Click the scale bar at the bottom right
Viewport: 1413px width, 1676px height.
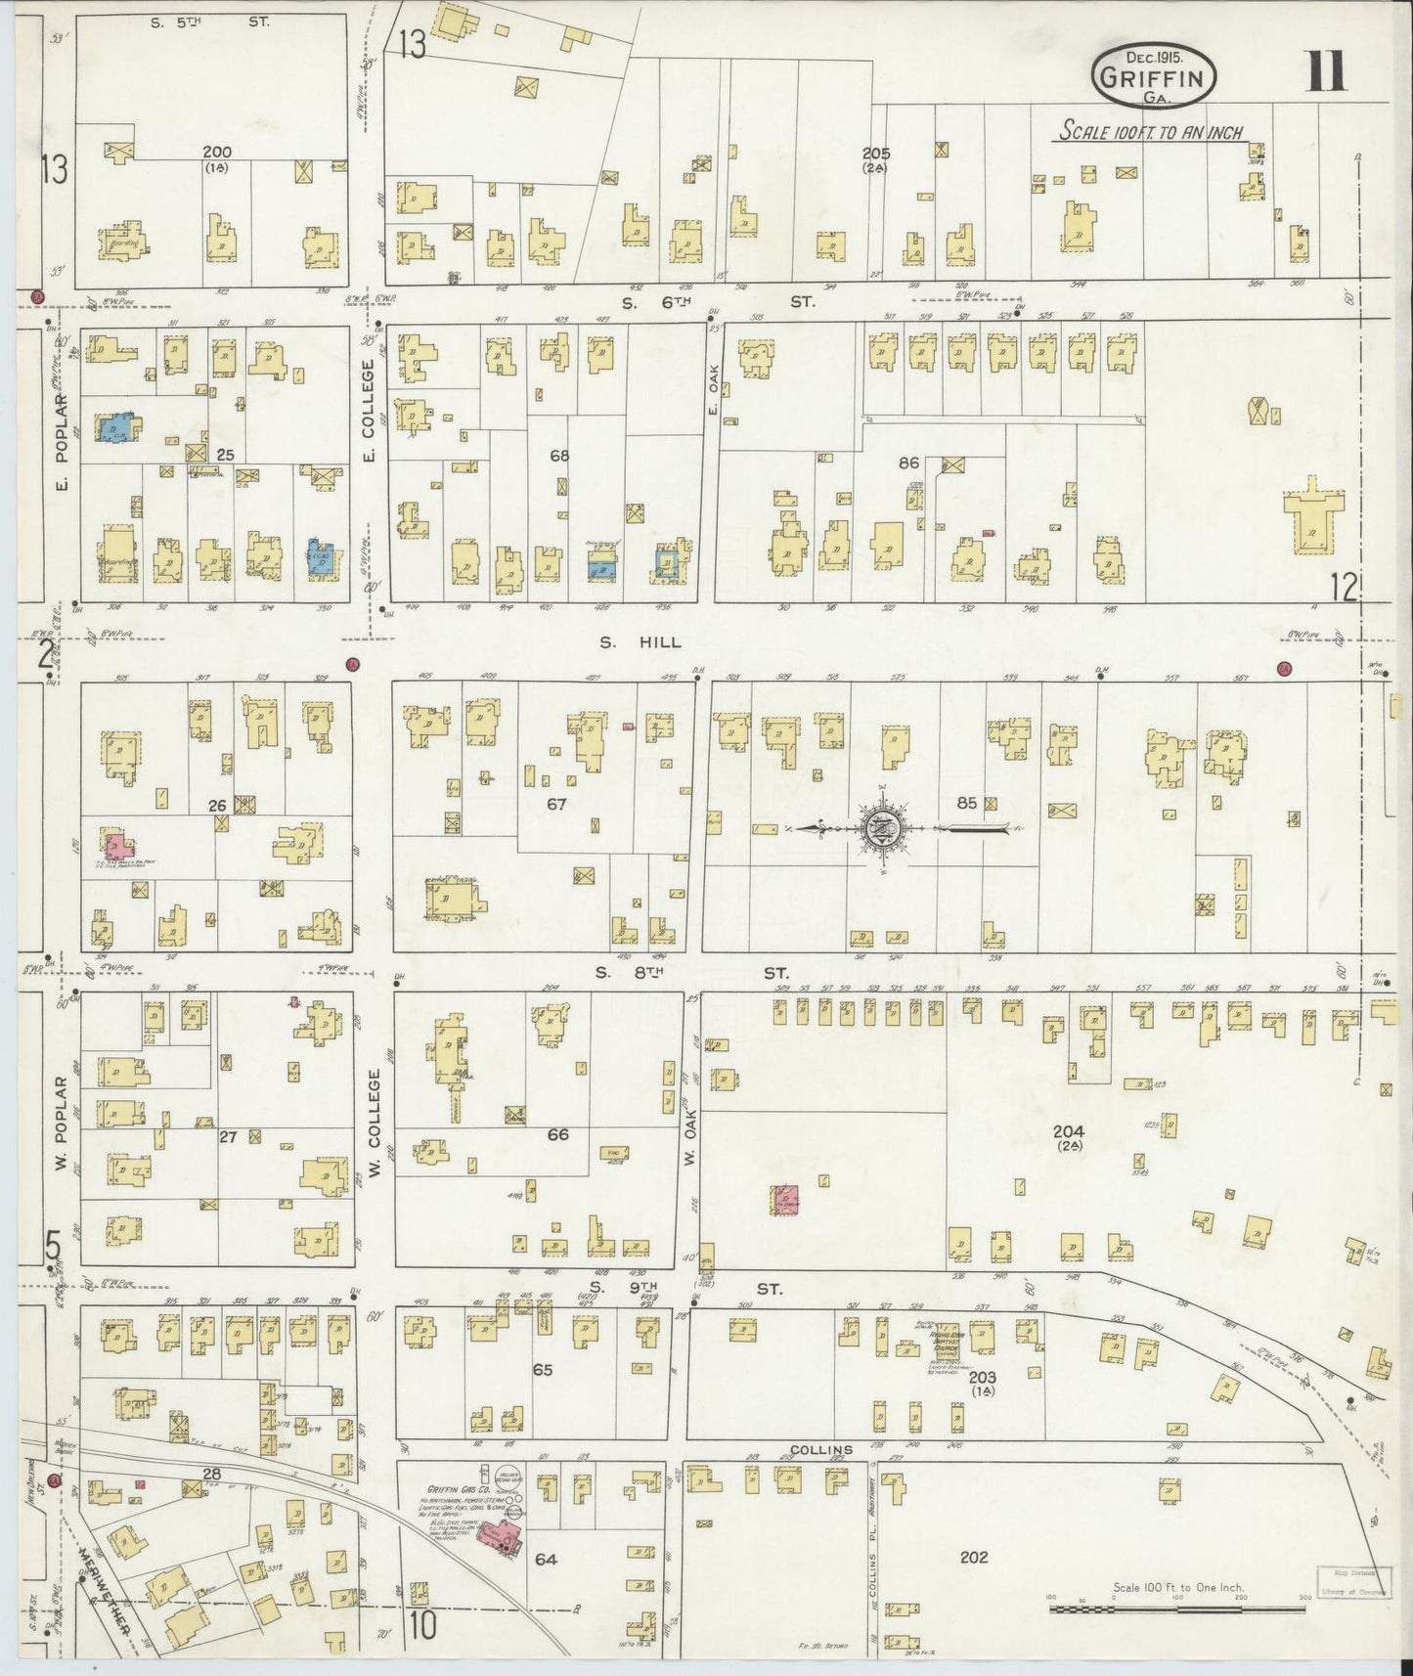[x=1178, y=1607]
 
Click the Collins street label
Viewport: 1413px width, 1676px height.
[x=821, y=1449]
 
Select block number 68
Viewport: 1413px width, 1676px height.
[x=558, y=456]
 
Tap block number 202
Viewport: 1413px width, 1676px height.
[x=973, y=1557]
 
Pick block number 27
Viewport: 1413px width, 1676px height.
[x=228, y=1136]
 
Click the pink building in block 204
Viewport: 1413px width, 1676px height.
[x=784, y=1200]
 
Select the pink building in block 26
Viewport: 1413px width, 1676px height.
[x=114, y=844]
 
